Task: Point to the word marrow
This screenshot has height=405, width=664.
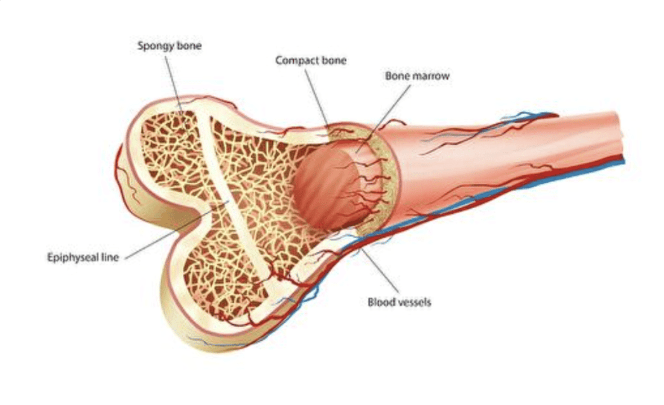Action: (x=431, y=76)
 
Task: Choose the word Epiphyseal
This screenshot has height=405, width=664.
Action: (x=71, y=258)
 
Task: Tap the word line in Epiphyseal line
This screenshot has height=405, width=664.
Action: (x=110, y=258)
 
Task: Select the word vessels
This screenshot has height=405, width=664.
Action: (x=414, y=302)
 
